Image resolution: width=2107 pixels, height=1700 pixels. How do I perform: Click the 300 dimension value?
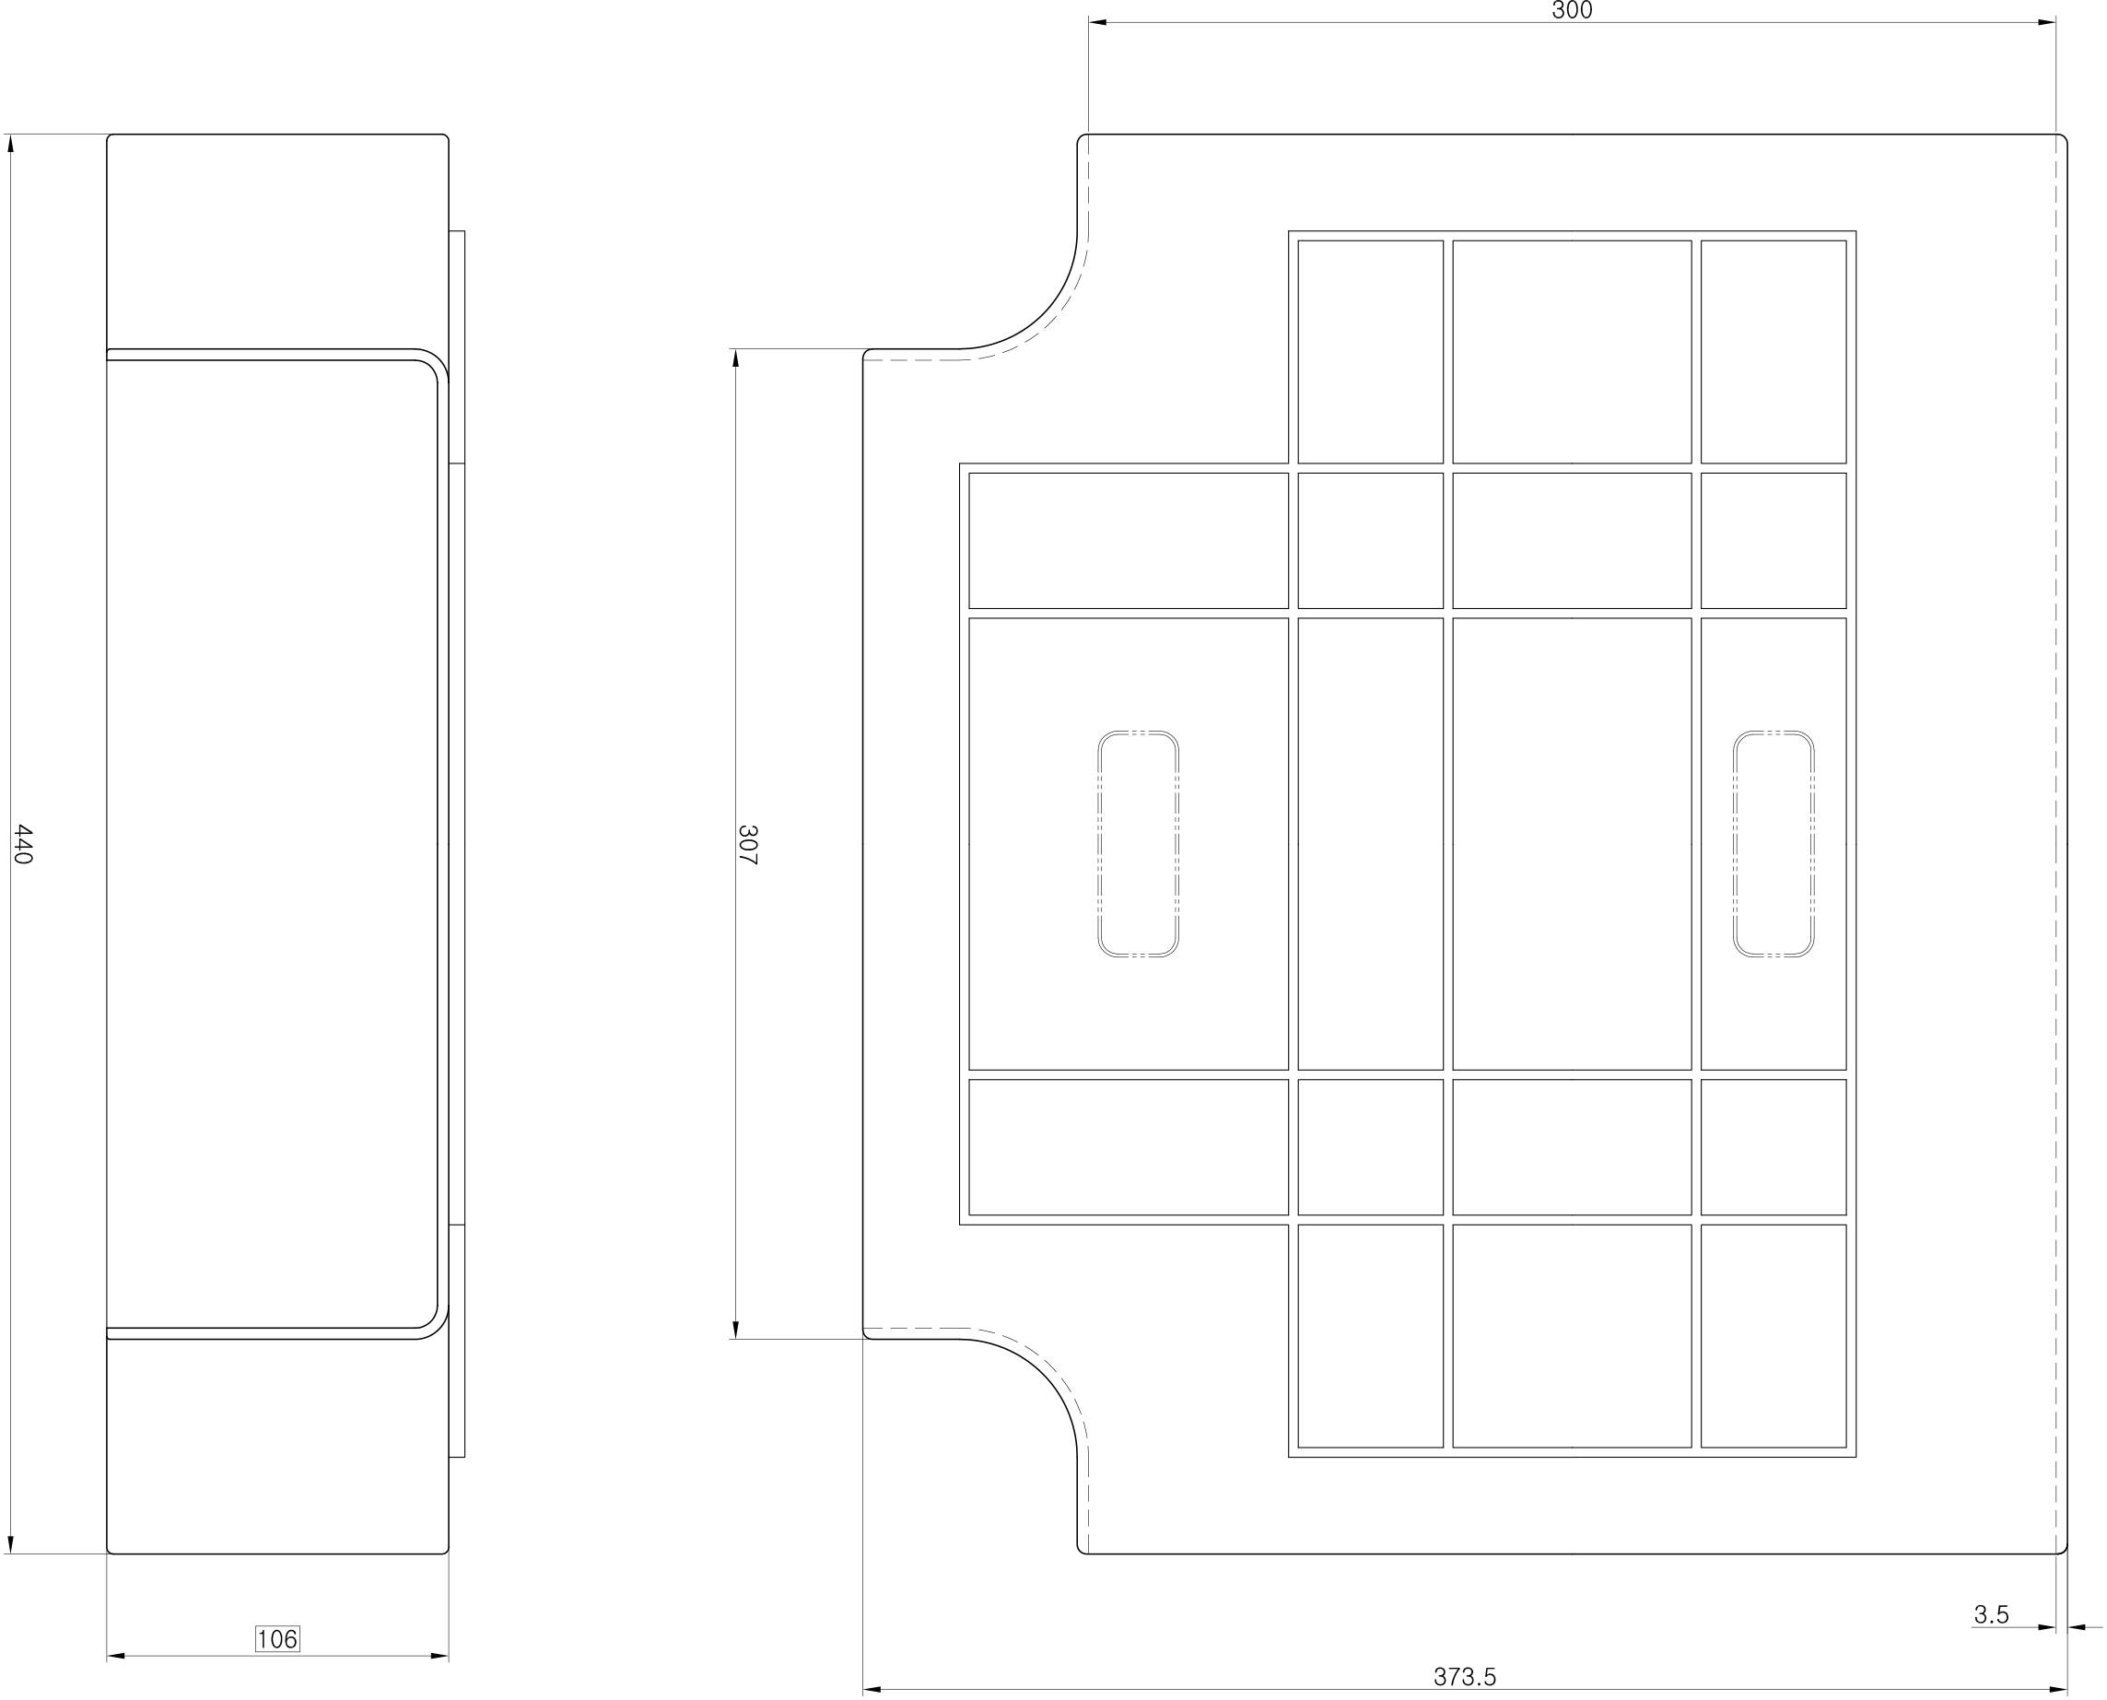[1573, 10]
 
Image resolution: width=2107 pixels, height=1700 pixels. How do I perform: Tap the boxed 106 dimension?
[277, 1638]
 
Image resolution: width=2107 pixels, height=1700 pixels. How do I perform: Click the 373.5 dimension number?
[1465, 1676]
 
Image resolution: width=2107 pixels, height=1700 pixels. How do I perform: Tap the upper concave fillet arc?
[1044, 315]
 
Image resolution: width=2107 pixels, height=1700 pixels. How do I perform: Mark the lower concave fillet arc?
[1044, 1372]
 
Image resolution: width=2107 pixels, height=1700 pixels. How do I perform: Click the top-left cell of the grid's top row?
[1371, 352]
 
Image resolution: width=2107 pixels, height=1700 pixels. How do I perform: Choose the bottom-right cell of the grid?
[1773, 1336]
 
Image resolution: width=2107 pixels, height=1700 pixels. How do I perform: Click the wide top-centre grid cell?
[1573, 352]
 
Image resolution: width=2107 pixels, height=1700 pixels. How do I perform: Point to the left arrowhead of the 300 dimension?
[1097, 22]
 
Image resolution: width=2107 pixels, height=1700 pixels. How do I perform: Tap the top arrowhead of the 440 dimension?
[11, 143]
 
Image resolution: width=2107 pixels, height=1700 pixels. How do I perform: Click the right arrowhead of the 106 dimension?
[439, 1656]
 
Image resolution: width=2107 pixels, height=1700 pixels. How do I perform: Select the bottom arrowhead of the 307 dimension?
[735, 1329]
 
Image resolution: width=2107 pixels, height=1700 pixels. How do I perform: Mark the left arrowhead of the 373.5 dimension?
[872, 1689]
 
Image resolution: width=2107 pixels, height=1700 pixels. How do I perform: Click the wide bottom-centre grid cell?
[1573, 1336]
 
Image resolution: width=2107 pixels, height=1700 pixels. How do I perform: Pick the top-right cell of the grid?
[1773, 352]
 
